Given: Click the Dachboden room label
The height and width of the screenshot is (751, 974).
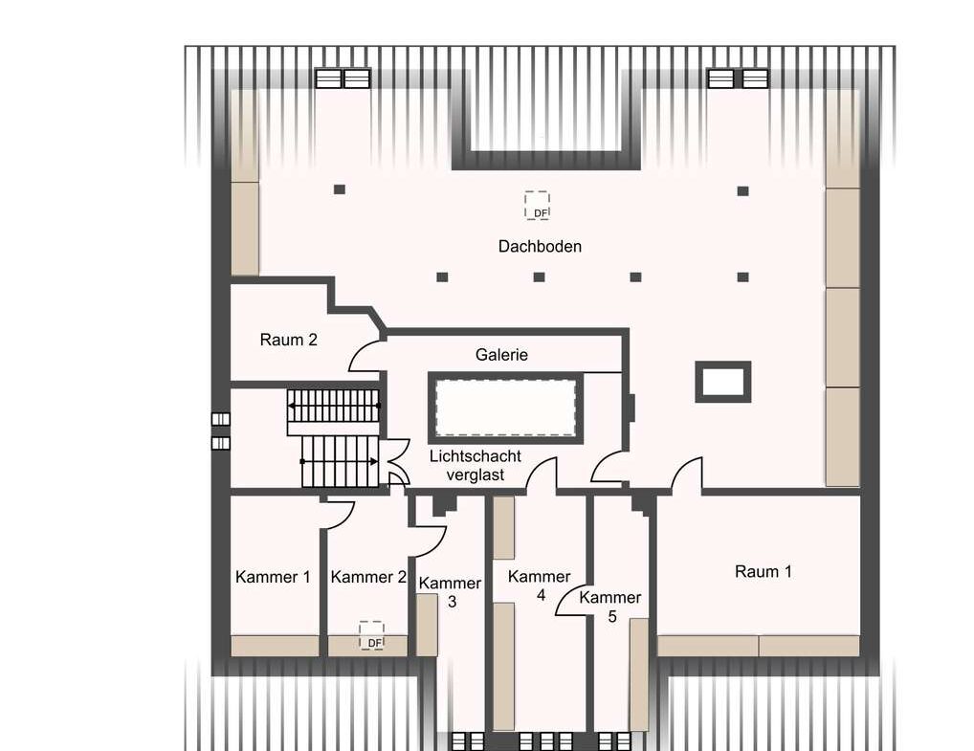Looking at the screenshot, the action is tap(540, 247).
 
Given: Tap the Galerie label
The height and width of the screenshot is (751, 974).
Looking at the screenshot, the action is tap(501, 355).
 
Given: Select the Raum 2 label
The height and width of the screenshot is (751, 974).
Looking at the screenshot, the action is tap(288, 340).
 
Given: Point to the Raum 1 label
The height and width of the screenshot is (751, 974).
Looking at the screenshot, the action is tap(764, 571).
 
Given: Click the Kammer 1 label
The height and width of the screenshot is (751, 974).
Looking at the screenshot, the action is tap(273, 577).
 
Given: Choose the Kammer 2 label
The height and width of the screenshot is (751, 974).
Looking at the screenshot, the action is tap(368, 577).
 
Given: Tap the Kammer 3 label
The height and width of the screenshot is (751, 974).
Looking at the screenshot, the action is tap(451, 592).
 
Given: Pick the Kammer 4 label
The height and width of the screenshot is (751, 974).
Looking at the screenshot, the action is tap(540, 585).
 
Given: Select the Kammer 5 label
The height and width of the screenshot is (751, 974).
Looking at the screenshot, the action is tap(610, 607).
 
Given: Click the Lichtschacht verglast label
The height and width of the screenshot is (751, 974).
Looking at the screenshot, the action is tap(476, 465).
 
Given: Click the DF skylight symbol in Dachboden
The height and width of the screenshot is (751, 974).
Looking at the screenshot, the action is tap(538, 206).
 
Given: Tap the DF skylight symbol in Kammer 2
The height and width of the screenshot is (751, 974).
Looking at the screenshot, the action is tap(371, 636).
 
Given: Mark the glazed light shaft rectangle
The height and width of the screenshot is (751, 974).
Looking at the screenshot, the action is tap(505, 408).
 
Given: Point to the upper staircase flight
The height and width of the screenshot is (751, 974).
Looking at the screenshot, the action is tap(334, 406).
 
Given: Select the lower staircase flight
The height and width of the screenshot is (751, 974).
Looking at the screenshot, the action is tap(340, 461).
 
